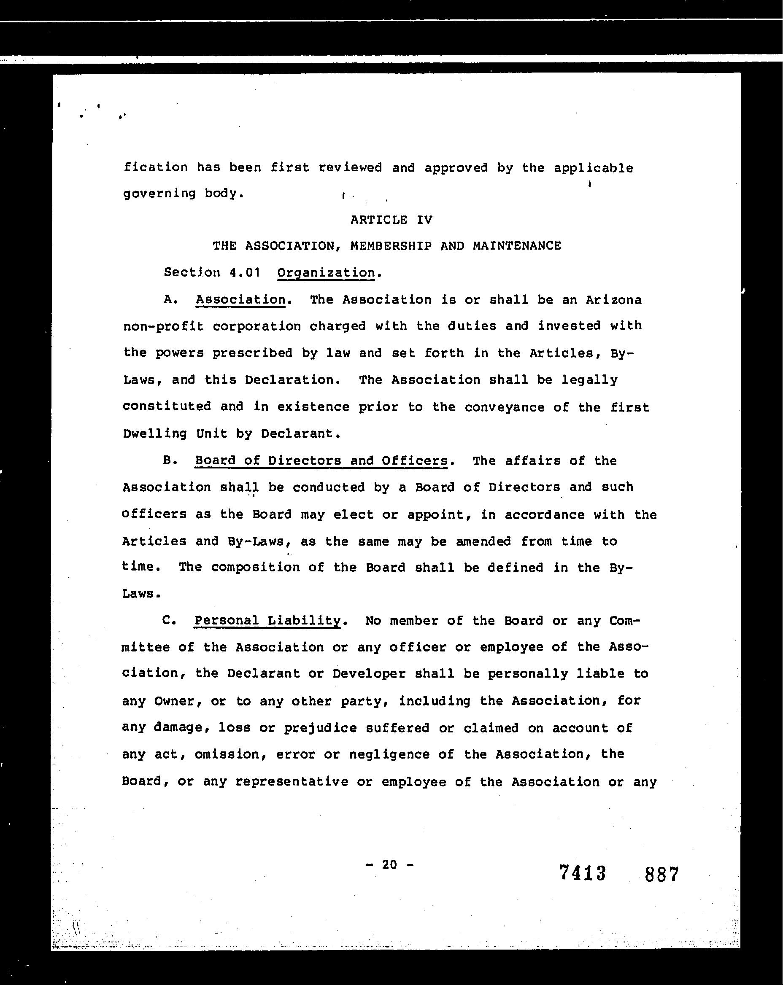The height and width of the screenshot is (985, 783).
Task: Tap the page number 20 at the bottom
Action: point(389,864)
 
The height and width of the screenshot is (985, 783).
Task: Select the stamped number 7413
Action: point(582,873)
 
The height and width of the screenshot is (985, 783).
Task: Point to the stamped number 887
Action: point(661,874)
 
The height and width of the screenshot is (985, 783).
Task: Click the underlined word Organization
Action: point(326,273)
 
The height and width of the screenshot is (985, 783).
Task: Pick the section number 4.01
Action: point(245,273)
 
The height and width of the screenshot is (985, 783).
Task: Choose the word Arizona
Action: point(613,300)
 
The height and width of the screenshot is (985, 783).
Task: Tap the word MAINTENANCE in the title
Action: point(516,246)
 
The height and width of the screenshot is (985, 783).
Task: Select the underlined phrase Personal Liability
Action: point(267,620)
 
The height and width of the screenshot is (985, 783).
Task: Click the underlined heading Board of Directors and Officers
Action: point(321,460)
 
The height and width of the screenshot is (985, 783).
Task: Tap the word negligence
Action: point(389,754)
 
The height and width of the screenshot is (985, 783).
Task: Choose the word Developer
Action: point(369,674)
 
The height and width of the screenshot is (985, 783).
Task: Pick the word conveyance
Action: point(504,406)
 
